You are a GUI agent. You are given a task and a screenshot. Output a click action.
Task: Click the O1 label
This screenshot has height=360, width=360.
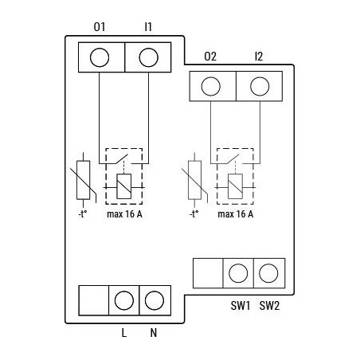(x=100, y=27)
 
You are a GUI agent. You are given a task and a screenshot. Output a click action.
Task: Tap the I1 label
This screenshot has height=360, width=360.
(x=148, y=27)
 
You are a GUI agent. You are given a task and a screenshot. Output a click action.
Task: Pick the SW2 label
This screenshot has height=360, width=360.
(x=270, y=306)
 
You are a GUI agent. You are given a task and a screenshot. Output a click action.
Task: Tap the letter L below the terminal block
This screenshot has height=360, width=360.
(x=123, y=334)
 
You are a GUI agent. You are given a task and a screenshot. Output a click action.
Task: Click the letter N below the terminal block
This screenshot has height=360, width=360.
(x=153, y=334)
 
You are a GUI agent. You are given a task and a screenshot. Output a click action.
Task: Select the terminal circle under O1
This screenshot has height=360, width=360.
(x=100, y=57)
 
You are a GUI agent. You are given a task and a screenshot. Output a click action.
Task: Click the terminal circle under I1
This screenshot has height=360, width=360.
(x=149, y=57)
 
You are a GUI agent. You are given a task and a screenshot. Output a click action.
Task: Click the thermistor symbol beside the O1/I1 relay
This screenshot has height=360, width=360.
(x=82, y=182)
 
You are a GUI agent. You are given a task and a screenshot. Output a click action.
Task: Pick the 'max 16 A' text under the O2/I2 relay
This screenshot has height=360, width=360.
(x=235, y=214)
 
